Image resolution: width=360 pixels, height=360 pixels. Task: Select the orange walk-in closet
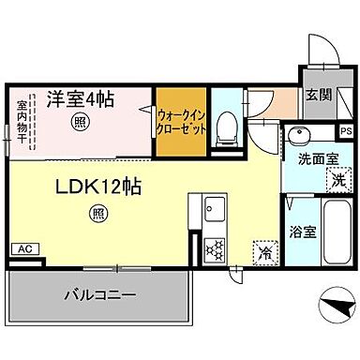coord(182,122)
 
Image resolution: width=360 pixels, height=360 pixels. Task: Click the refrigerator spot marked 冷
coord(264,251)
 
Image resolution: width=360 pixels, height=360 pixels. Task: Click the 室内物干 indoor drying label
coord(22,123)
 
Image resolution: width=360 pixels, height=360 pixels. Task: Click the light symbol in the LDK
coord(98,214)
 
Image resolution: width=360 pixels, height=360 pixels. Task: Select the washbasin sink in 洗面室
coord(300,134)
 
